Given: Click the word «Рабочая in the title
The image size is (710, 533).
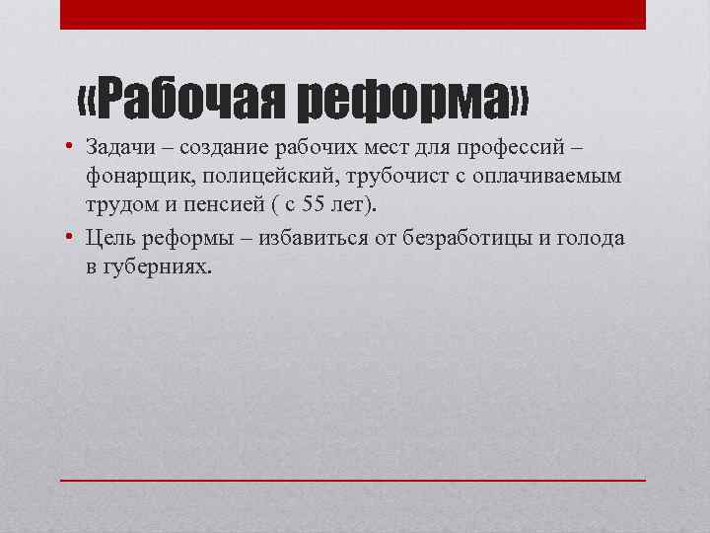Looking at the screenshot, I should (x=181, y=100).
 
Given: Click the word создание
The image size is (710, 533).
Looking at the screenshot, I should (x=222, y=148).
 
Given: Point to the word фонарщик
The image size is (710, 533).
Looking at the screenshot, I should (x=136, y=177).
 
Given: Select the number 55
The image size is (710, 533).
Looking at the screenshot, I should (x=312, y=205).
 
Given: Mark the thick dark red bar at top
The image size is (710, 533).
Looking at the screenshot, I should (x=353, y=14).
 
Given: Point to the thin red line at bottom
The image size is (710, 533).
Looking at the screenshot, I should (x=353, y=480).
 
